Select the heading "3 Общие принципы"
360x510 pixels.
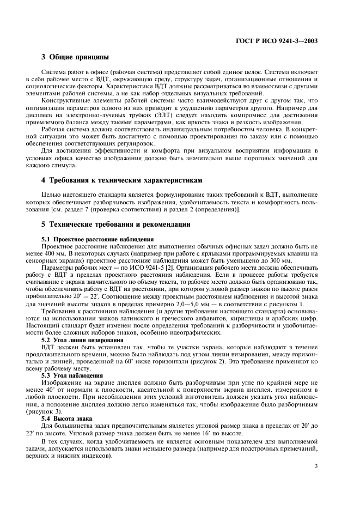click(75, 57)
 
